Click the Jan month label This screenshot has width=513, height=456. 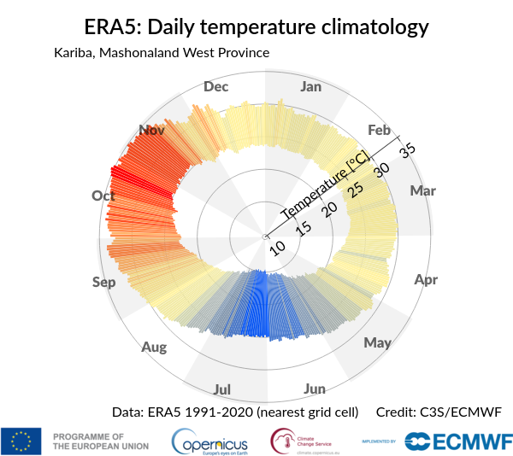coord(311,86)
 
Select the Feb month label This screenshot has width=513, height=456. coord(379,130)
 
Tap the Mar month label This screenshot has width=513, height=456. coord(423,190)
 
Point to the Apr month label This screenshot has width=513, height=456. coord(426,280)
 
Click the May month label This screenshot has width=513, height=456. coord(377,343)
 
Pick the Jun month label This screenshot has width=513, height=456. coord(315,389)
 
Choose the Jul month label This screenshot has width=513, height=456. coord(222,390)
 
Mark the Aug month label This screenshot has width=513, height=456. coord(154,348)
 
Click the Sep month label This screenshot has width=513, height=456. coord(104,283)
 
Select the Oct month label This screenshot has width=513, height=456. coord(103,196)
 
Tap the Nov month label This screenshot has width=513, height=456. coord(151,130)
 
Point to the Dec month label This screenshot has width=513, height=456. coord(216,86)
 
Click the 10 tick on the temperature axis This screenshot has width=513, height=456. coord(278,248)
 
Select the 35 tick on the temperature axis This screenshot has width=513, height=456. coord(407,149)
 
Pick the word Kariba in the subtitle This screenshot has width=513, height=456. coord(74,53)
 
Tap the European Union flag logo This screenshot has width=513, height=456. coord(21,441)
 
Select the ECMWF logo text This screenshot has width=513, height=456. coord(469,441)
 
